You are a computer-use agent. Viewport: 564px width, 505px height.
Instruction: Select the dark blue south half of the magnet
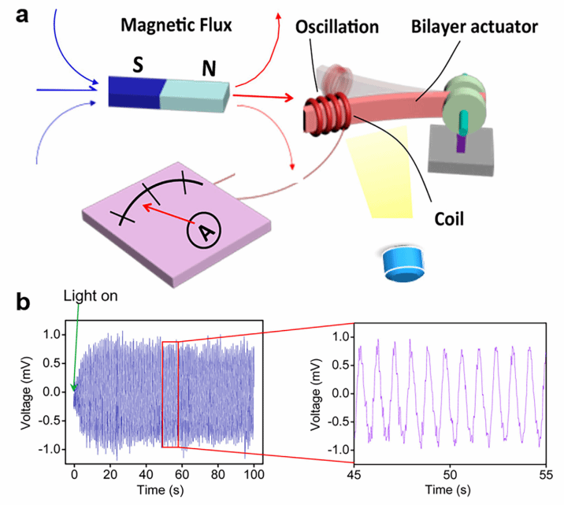134,91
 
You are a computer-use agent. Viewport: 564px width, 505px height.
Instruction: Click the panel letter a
17,15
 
